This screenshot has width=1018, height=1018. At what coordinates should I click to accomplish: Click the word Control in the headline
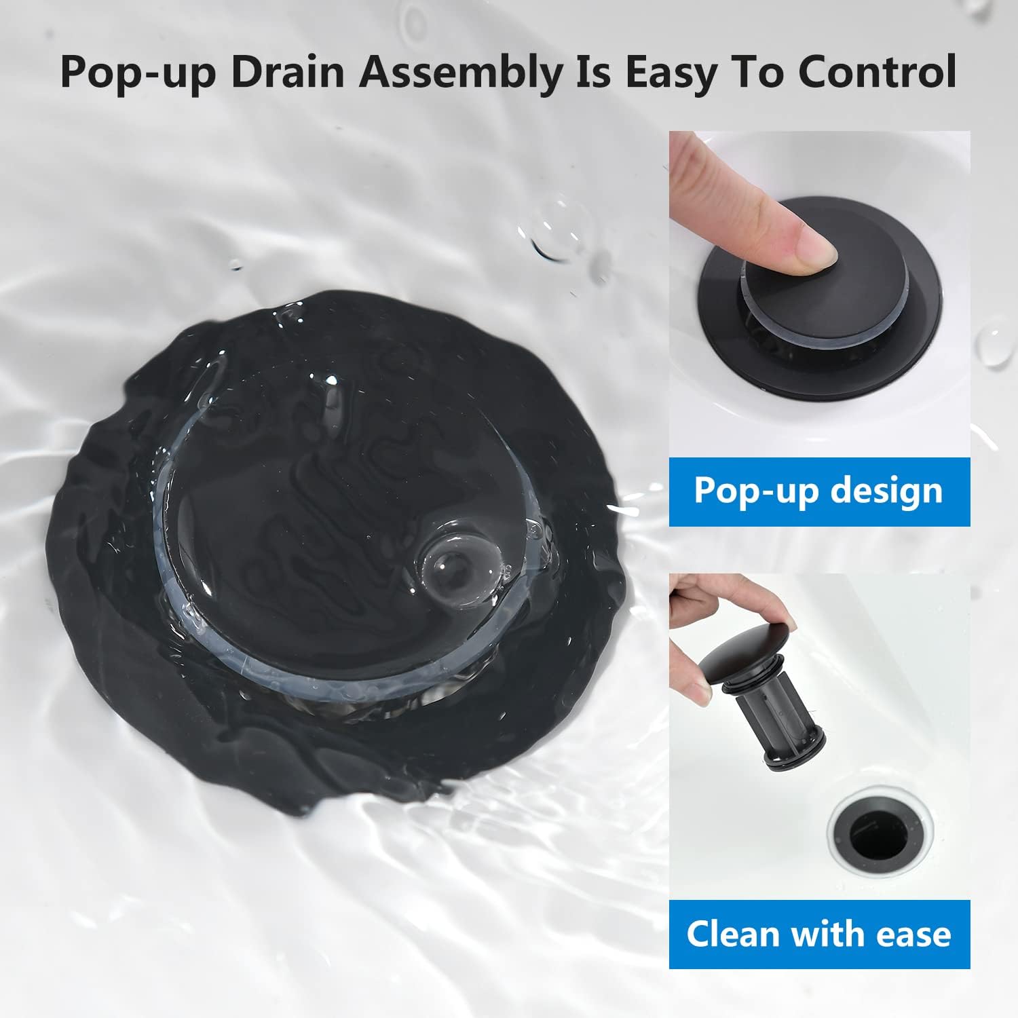[x=876, y=73]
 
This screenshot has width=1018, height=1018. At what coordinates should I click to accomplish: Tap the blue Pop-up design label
[x=819, y=491]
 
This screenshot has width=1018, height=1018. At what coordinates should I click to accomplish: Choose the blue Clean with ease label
[x=819, y=934]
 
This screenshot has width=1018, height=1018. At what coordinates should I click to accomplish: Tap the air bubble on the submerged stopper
[x=448, y=563]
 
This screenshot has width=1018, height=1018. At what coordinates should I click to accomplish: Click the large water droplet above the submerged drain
[x=558, y=228]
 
